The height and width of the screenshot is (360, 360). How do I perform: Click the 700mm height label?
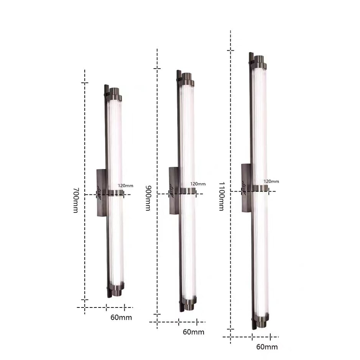pos(76,201)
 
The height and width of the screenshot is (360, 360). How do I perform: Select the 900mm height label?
pos(148,198)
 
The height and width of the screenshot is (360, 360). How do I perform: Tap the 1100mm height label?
pos(221,196)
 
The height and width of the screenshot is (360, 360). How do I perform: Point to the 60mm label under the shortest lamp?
pos(121,317)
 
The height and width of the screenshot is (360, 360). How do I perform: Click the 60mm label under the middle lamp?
pos(194,332)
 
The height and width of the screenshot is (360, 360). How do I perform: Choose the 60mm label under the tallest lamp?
pos(267,347)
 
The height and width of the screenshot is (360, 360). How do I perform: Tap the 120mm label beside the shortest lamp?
pos(126,186)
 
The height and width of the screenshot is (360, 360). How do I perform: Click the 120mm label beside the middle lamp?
pos(198,184)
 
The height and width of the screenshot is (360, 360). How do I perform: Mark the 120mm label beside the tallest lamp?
pos(271,181)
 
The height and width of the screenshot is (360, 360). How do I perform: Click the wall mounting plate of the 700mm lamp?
pos(102,193)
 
